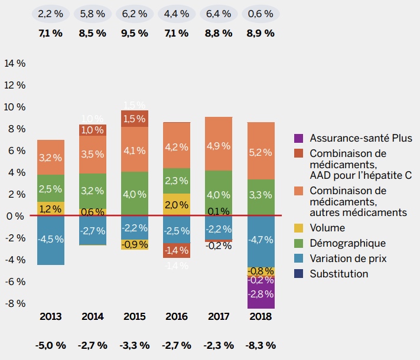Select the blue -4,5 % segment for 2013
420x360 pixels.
point(50,240)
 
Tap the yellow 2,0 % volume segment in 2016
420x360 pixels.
point(176,204)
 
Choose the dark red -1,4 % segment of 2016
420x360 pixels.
point(176,250)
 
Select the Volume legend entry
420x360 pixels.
point(327,228)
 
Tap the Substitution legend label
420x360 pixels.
point(339,274)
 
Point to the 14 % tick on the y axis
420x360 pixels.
point(15,63)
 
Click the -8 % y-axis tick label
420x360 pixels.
point(15,303)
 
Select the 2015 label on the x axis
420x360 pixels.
point(135,316)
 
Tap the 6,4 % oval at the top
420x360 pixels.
point(219,13)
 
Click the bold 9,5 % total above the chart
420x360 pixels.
point(135,33)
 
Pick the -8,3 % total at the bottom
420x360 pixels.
point(261,345)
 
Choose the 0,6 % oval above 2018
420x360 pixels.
point(261,13)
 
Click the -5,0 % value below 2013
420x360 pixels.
point(51,345)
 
